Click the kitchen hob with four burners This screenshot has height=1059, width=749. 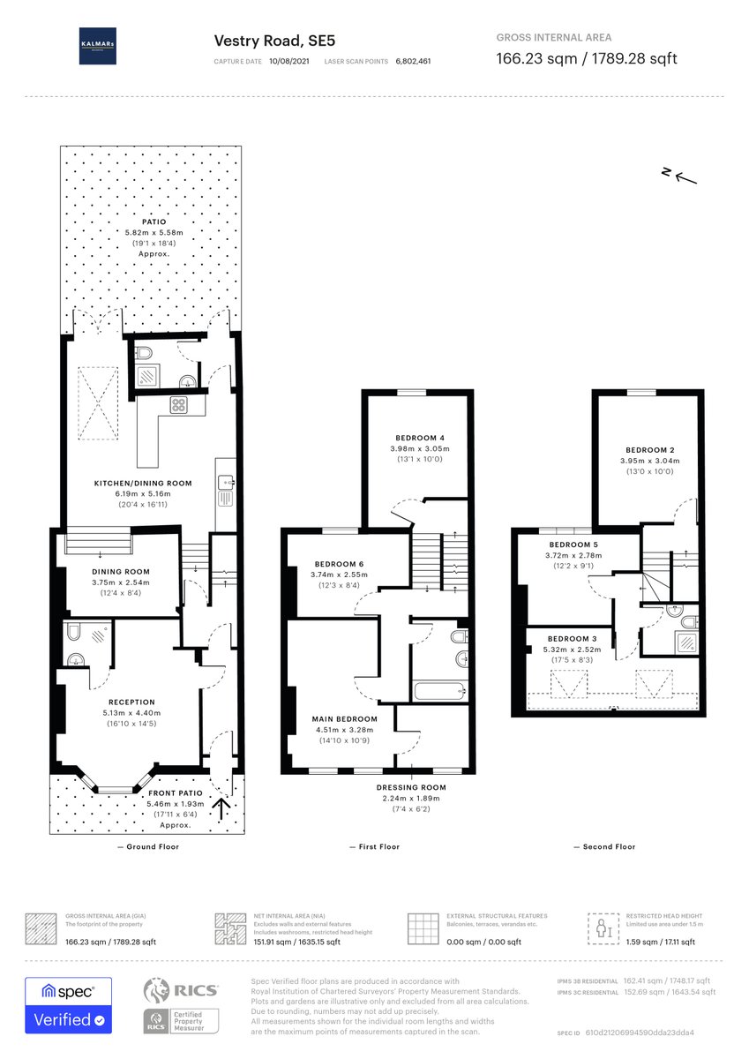pos(179,406)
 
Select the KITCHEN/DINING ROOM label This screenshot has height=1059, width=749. pos(143,484)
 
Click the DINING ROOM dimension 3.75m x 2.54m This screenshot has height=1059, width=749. pos(121,582)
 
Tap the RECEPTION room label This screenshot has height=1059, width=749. pos(132,702)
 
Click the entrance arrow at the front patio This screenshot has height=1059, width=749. pos(221,805)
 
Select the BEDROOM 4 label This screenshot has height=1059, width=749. pos(418,438)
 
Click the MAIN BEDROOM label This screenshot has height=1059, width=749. pos(344,718)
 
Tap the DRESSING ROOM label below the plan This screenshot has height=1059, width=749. pos(411,787)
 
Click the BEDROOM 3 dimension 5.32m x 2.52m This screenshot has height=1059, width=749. pos(572,650)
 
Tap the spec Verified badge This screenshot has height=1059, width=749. pos(68,1005)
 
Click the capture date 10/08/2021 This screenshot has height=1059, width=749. pos(289,62)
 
